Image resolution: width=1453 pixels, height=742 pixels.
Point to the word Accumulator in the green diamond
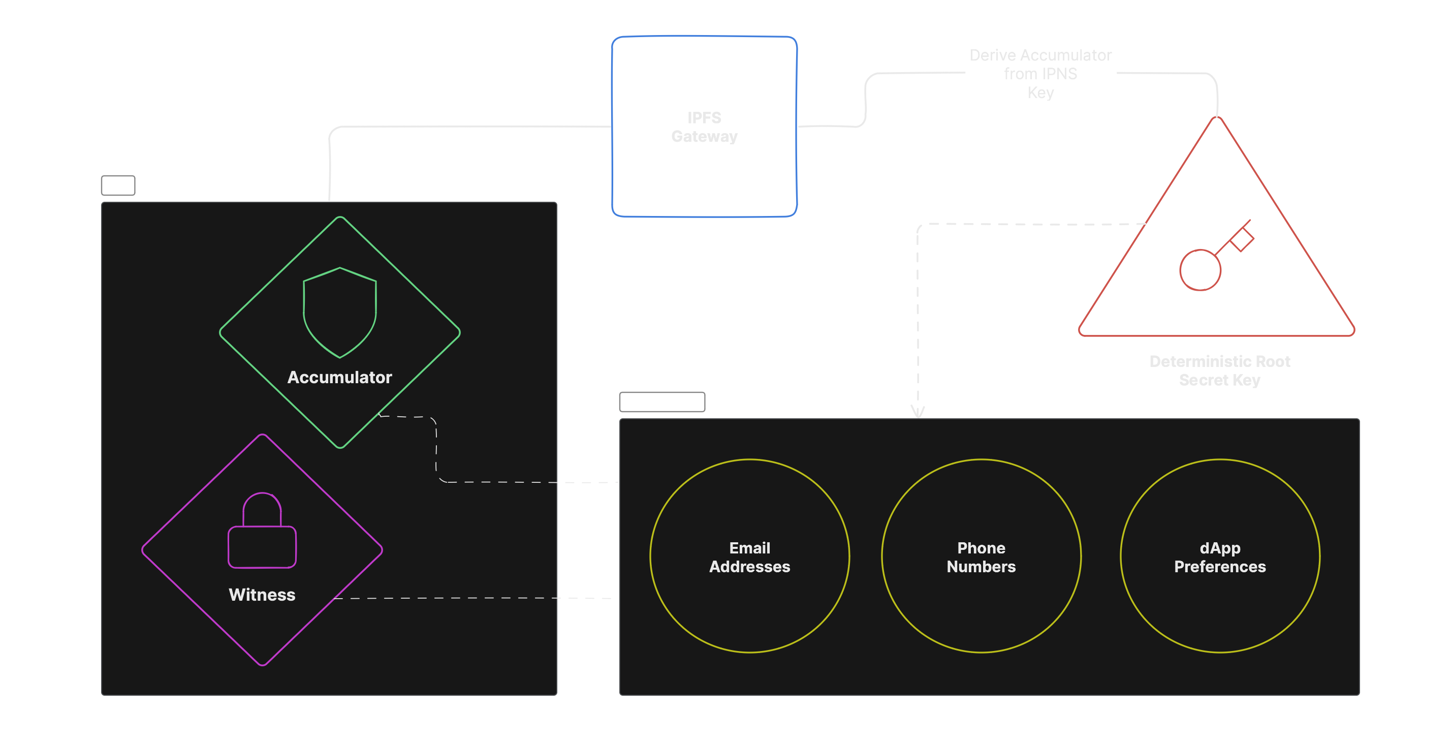339,378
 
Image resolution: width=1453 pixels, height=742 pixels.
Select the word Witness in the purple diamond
262,595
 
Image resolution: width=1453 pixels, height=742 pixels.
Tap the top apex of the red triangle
1217,118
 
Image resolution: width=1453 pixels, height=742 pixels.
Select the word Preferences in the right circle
1219,567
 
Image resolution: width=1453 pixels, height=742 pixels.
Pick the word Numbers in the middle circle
982,567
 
